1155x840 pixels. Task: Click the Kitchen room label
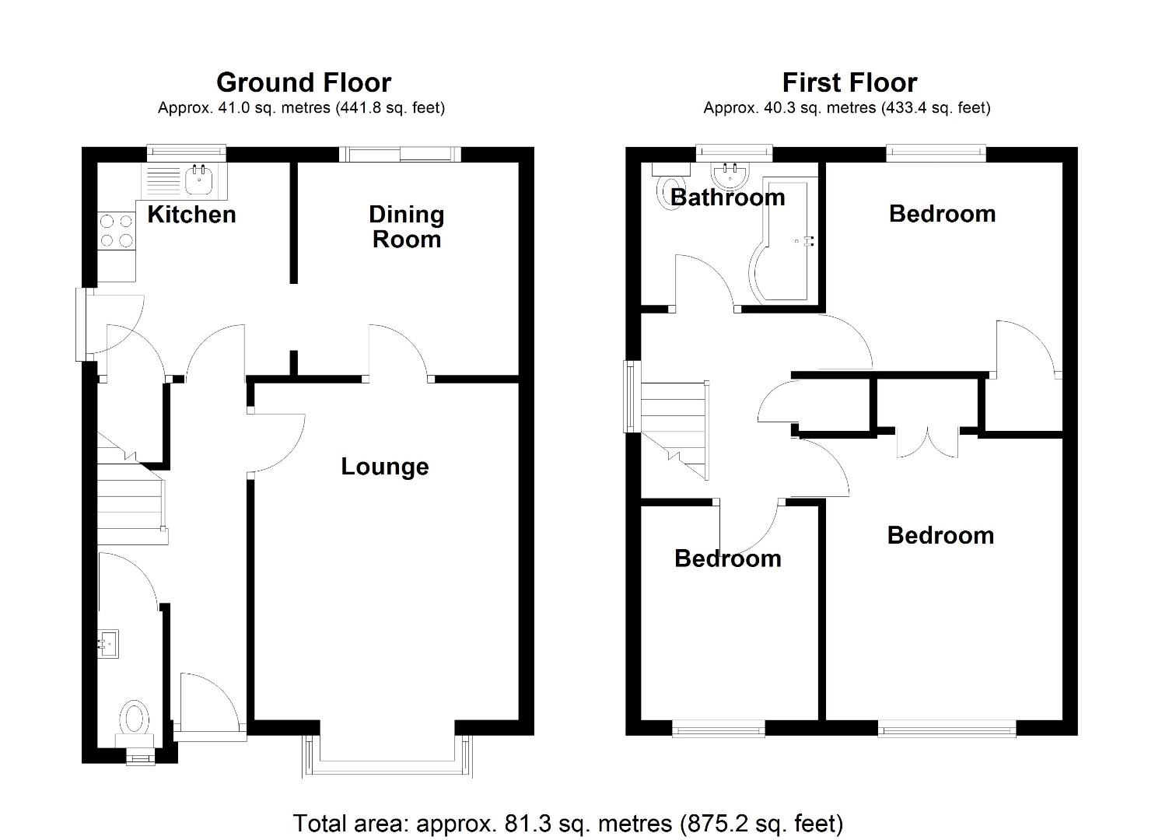[x=191, y=214]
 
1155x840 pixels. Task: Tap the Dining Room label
[x=406, y=226]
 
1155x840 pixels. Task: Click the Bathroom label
[x=727, y=197]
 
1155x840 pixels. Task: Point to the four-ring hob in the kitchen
[x=116, y=231]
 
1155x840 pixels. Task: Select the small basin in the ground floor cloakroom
[x=109, y=643]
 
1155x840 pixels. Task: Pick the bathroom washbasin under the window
[x=730, y=174]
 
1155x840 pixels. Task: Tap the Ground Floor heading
[x=303, y=82]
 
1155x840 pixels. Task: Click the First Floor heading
[x=849, y=82]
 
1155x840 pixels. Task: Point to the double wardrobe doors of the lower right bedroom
[x=926, y=442]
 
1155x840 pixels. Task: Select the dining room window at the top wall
[x=400, y=154]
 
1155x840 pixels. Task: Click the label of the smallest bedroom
[x=727, y=558]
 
